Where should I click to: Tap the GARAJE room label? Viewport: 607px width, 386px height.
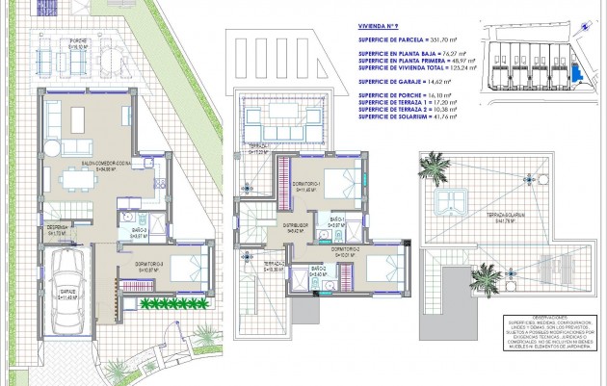(x=66, y=296)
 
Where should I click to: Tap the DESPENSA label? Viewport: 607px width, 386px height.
(x=57, y=230)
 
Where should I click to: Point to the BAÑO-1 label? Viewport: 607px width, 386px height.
(x=337, y=222)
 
